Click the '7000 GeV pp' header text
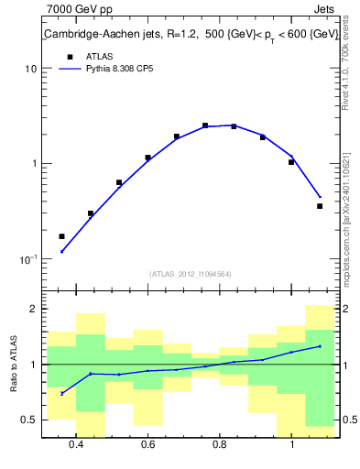pyautogui.click(x=79, y=10)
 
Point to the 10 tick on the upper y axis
pyautogui.click(x=30, y=69)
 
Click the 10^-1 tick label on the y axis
pyautogui.click(x=27, y=259)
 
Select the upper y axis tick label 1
pyautogui.click(x=33, y=164)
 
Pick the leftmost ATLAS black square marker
pyautogui.click(x=61, y=236)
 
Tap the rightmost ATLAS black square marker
pyautogui.click(x=320, y=206)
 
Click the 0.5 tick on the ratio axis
pyautogui.click(x=29, y=420)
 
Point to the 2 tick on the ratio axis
pyautogui.click(x=33, y=310)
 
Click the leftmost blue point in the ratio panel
pyautogui.click(x=61, y=393)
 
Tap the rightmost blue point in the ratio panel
pyautogui.click(x=320, y=346)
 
